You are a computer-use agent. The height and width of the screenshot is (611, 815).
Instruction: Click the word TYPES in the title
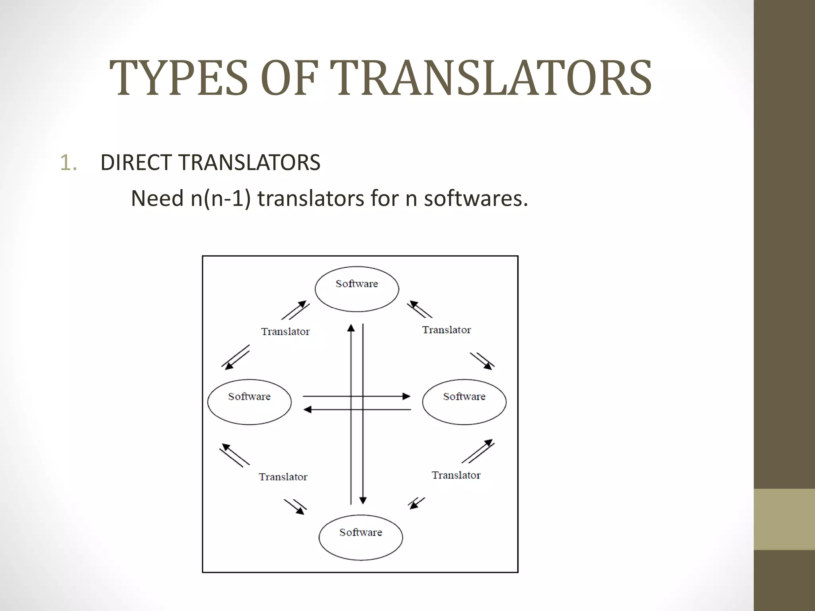click(179, 78)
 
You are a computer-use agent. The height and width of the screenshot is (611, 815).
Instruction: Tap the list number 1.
click(68, 163)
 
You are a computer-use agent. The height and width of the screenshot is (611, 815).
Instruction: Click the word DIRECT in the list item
click(136, 163)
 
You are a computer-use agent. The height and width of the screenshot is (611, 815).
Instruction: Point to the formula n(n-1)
click(221, 198)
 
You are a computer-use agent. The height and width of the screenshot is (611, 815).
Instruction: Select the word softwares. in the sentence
click(476, 198)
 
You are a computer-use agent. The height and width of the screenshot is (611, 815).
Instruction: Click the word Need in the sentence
click(157, 198)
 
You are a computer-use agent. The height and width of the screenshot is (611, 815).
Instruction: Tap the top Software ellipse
click(357, 289)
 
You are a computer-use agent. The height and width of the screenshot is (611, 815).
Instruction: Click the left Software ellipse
click(250, 402)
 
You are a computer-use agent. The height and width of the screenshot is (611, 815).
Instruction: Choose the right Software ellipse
click(464, 402)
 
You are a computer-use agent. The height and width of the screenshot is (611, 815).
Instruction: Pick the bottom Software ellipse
click(361, 537)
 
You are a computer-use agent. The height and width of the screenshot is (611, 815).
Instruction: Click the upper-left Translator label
click(285, 331)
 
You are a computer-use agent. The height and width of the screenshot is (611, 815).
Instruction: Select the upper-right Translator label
click(446, 330)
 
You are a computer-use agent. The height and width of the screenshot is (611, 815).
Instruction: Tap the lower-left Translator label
click(283, 477)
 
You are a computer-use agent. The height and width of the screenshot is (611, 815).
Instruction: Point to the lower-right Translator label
click(456, 475)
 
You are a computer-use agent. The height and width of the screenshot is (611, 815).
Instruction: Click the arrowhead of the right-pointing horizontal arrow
click(406, 396)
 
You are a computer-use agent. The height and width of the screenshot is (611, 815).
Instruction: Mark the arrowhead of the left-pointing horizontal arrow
click(307, 409)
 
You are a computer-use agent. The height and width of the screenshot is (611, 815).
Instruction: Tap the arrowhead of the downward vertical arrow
click(363, 500)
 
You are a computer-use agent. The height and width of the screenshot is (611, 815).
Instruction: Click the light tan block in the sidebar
click(784, 519)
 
